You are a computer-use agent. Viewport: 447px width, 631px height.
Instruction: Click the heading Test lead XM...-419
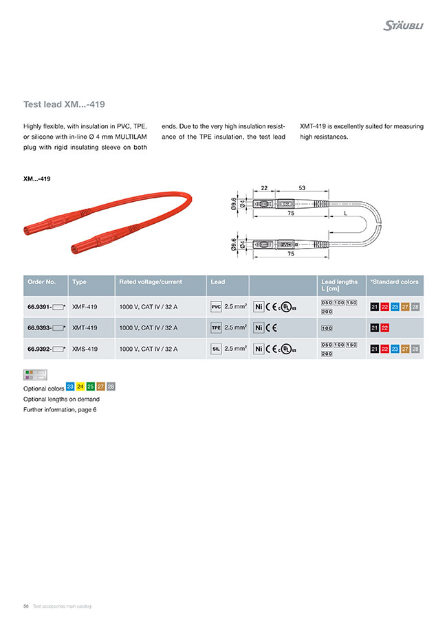[64, 105]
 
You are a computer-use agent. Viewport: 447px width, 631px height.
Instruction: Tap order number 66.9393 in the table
[39, 328]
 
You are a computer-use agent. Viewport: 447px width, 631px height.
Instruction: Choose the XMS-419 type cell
[85, 349]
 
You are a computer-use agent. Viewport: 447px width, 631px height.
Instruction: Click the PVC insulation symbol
[216, 306]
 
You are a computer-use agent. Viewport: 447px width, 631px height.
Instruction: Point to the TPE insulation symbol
[216, 328]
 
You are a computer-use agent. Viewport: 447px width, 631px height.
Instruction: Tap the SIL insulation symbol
[216, 349]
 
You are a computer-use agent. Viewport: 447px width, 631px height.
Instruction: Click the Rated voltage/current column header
[146, 282]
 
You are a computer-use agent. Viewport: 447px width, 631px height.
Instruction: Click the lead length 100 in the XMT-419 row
[327, 328]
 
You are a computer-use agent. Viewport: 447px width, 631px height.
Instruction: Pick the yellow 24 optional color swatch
[80, 387]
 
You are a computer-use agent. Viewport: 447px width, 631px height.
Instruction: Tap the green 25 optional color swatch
[91, 387]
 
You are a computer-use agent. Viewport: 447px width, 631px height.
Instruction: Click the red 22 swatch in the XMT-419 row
[385, 328]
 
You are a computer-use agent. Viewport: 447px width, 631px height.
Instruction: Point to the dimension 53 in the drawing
[302, 187]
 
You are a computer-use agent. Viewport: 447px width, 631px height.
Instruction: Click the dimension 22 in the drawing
[264, 187]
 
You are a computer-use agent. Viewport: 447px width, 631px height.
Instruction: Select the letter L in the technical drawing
[345, 214]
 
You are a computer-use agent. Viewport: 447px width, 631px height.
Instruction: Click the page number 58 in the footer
[25, 606]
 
